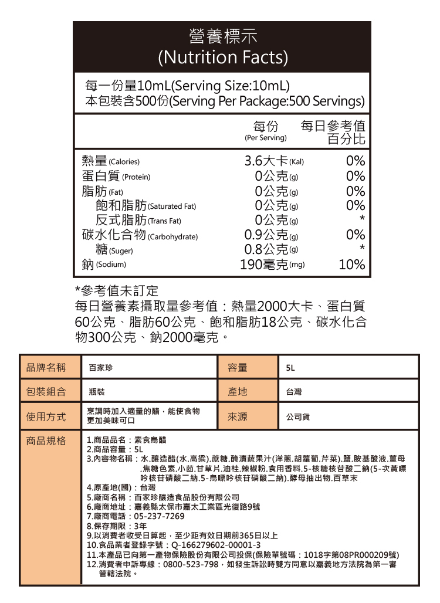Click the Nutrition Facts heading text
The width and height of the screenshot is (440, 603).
click(222, 57)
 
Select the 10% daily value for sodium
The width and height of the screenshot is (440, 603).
click(352, 265)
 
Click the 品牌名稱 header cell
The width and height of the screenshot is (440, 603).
click(46, 368)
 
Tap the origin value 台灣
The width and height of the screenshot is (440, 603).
click(293, 392)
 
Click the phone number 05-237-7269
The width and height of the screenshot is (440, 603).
click(159, 516)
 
